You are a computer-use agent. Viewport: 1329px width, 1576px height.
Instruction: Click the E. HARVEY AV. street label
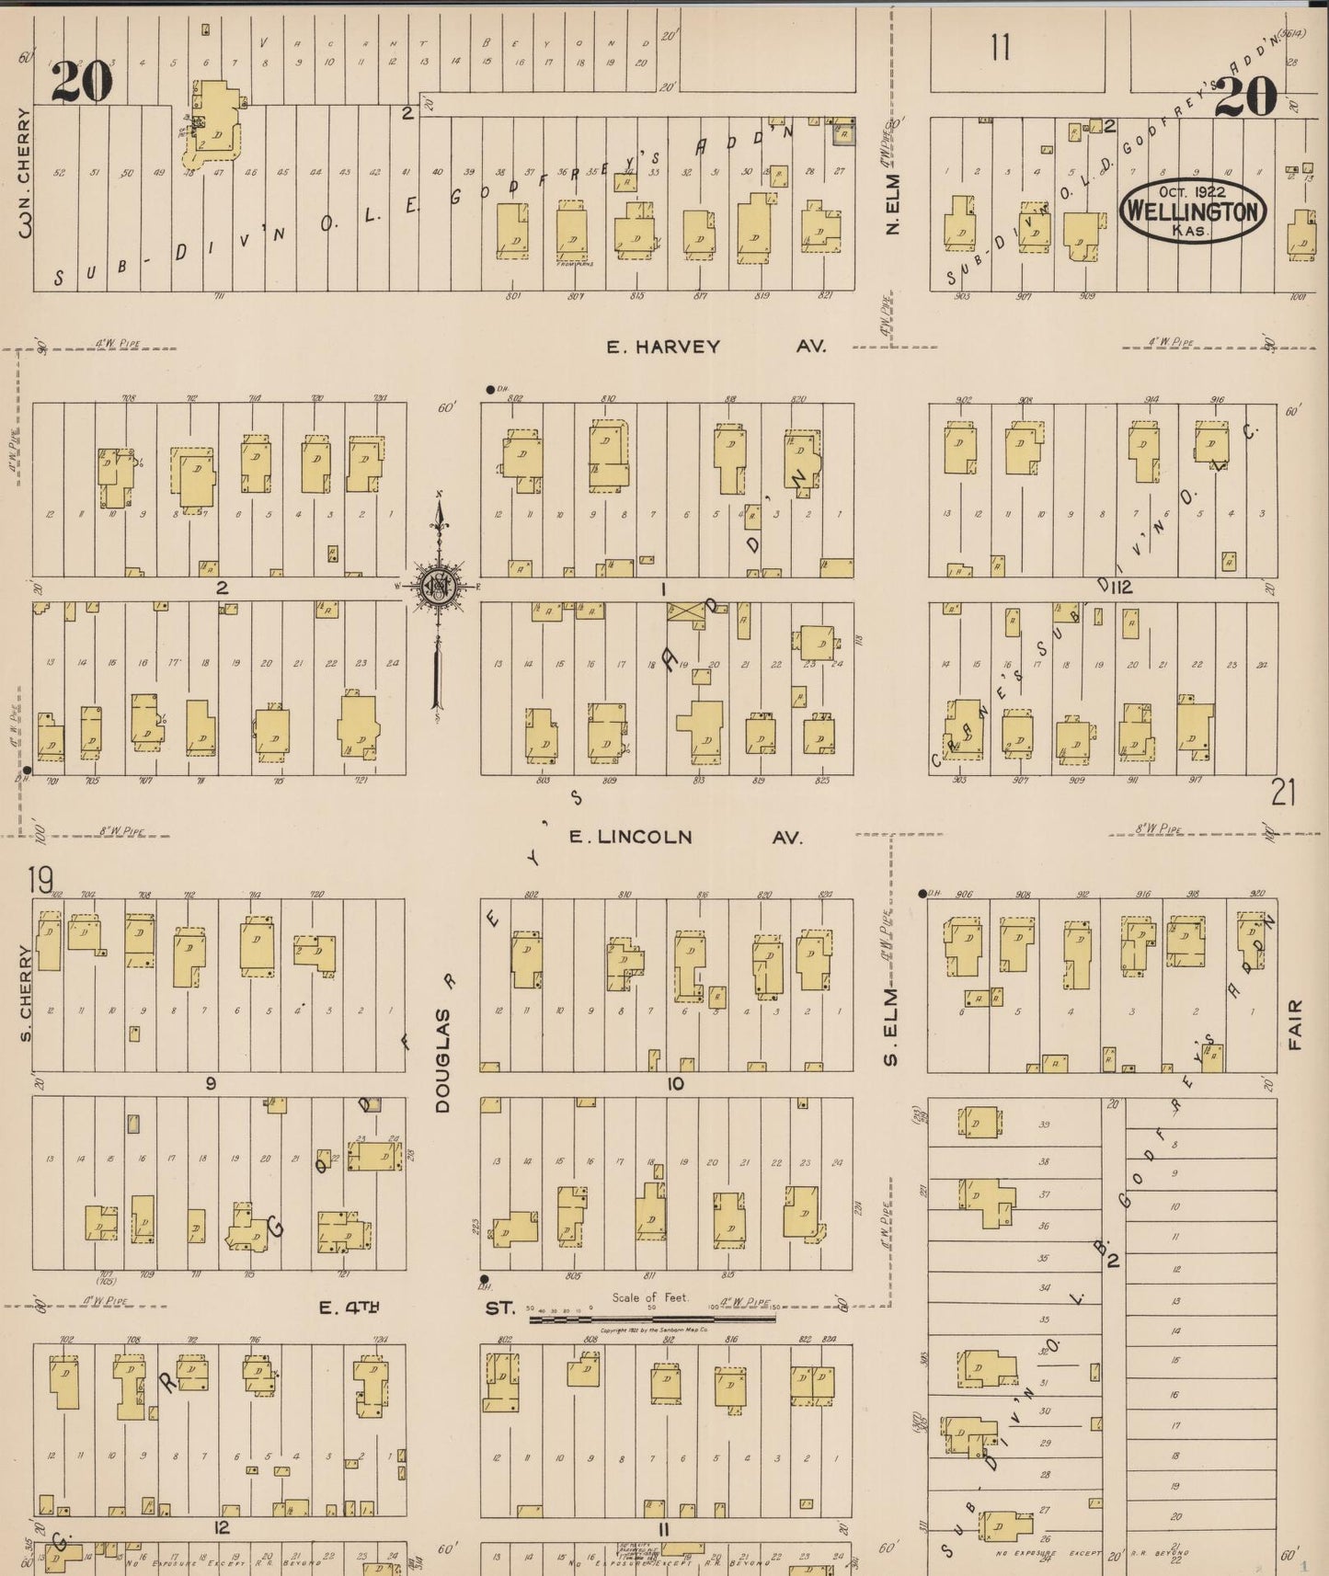[x=716, y=347]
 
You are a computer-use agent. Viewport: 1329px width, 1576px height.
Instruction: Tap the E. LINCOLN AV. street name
[x=684, y=837]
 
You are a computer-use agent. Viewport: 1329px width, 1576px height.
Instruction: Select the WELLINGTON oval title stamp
[x=1192, y=211]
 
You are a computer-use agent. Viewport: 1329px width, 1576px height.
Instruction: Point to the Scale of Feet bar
[x=651, y=1319]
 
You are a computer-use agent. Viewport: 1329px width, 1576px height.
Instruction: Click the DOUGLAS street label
[x=443, y=1059]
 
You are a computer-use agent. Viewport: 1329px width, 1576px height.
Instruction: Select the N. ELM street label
[x=891, y=204]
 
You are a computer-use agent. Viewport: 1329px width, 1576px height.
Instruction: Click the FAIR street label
[x=1297, y=1024]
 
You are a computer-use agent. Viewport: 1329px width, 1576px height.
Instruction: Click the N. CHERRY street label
[x=25, y=173]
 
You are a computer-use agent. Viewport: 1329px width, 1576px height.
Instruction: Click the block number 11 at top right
[x=1001, y=46]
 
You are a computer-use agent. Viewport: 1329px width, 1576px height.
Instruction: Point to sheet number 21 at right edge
[x=1283, y=792]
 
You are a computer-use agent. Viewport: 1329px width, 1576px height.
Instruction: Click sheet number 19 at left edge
[x=40, y=881]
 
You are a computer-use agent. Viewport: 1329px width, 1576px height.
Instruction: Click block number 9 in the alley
[x=211, y=1084]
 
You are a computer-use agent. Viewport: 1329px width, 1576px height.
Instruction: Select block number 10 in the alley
[x=675, y=1084]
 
